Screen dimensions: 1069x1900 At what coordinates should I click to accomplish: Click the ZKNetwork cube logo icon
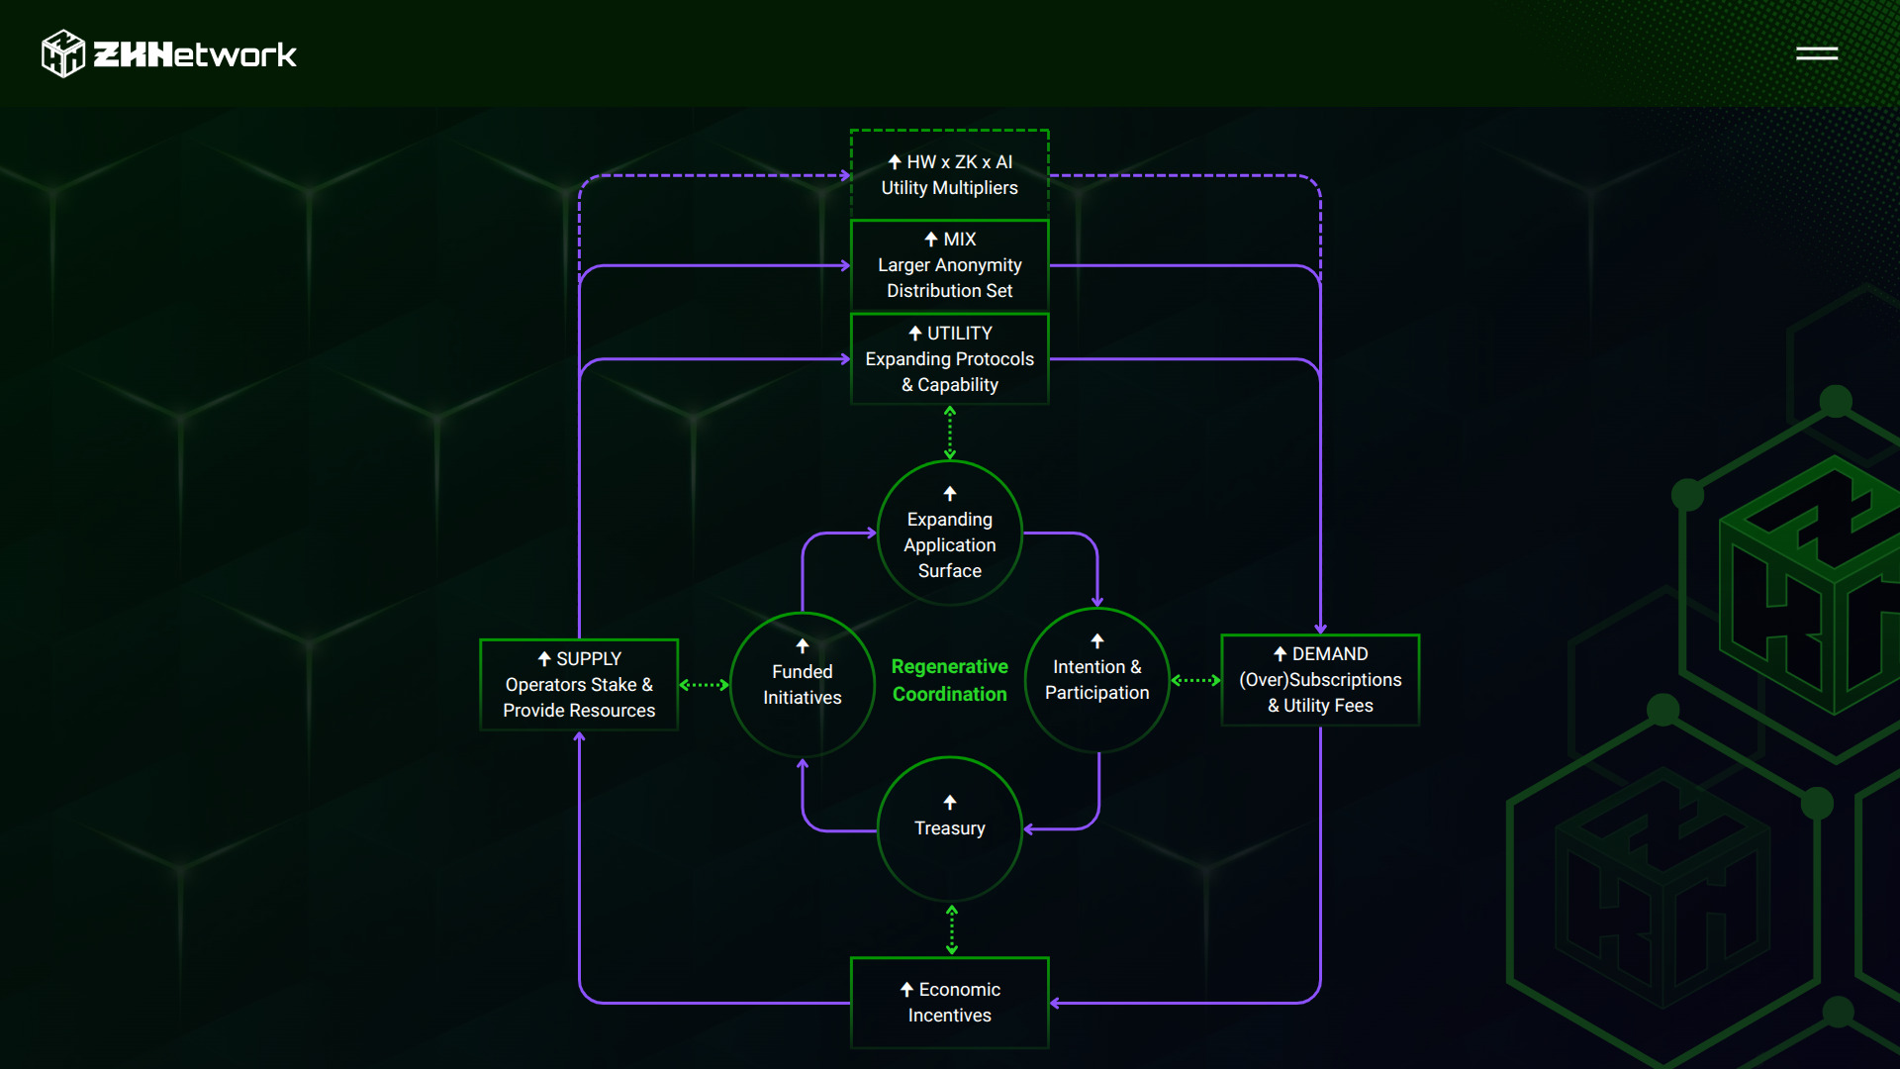[x=63, y=53]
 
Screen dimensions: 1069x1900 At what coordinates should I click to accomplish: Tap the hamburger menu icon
[x=1817, y=53]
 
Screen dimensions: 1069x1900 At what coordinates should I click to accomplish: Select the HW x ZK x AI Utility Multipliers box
[x=949, y=174]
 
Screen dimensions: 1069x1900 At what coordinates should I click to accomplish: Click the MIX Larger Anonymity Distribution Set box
[x=949, y=265]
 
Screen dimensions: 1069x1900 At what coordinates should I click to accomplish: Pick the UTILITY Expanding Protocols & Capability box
[x=949, y=358]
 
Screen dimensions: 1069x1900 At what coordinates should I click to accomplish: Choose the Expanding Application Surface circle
[x=949, y=534]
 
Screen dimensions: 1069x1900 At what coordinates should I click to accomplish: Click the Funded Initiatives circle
[x=803, y=685]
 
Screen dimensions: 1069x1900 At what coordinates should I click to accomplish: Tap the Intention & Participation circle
[x=1096, y=681]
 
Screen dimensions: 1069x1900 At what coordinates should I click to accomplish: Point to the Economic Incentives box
[x=949, y=1003]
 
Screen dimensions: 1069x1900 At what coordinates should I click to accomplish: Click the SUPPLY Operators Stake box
[x=579, y=685]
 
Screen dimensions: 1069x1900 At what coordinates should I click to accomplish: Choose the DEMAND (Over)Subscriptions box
[x=1320, y=680]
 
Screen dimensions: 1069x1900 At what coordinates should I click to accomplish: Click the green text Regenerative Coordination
[x=949, y=681]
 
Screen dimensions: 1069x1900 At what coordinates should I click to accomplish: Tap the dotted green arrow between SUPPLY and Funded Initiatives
[x=704, y=685]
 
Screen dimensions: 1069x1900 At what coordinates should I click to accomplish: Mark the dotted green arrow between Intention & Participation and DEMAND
[x=1195, y=680]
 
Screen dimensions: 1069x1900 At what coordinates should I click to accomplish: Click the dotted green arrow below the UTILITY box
[x=950, y=433]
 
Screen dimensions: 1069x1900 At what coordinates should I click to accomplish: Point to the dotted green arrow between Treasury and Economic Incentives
[x=952, y=929]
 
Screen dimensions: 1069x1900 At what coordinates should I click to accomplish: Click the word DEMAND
[x=1330, y=654]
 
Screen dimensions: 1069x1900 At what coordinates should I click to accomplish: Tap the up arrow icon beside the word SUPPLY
[x=544, y=659]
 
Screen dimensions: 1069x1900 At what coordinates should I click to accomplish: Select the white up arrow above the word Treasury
[x=950, y=802]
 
